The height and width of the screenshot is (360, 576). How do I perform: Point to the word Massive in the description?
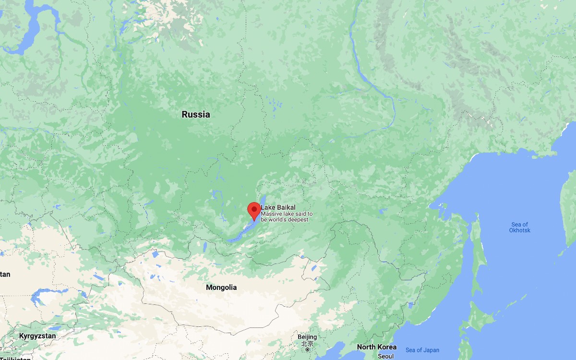tap(271, 214)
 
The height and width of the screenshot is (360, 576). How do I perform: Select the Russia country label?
tap(196, 115)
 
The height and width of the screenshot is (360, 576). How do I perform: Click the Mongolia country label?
tap(221, 288)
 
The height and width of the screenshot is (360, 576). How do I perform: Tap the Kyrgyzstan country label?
tap(37, 336)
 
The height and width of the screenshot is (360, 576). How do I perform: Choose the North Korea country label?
tap(377, 347)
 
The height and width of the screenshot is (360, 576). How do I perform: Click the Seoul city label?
tap(385, 357)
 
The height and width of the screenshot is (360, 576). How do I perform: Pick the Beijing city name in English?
tap(307, 337)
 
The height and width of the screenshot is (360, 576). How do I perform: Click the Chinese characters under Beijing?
tap(307, 344)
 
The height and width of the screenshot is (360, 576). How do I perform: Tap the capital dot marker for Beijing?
tap(307, 349)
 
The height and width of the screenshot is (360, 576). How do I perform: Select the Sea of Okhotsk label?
tap(520, 228)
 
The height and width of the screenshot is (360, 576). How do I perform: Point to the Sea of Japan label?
tap(422, 350)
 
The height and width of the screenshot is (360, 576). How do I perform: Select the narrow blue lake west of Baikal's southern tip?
tap(205, 247)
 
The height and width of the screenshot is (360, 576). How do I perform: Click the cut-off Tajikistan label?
tap(14, 358)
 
